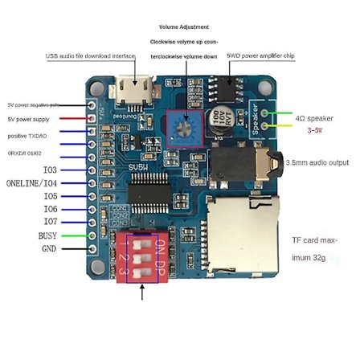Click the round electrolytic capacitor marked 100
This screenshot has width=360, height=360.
219,121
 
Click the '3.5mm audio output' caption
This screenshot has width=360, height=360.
317,162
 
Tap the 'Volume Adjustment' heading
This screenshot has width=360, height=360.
183,27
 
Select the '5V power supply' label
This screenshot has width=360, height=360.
29,120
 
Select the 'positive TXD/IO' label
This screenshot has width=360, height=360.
29,136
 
